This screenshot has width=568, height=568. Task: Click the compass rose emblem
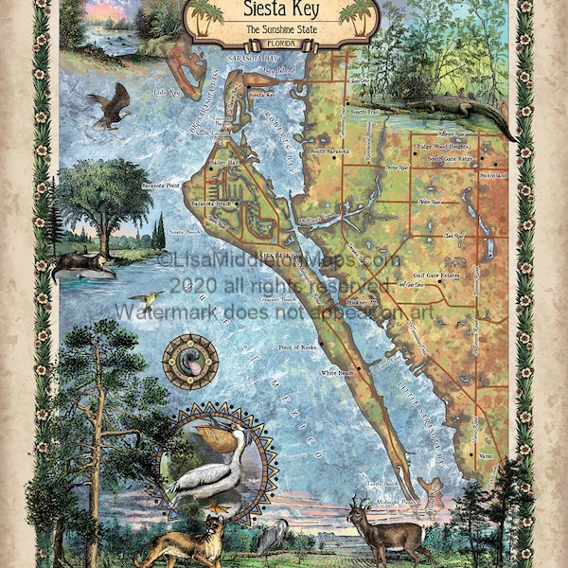(x=189, y=362)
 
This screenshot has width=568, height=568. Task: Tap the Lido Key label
(x=165, y=93)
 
